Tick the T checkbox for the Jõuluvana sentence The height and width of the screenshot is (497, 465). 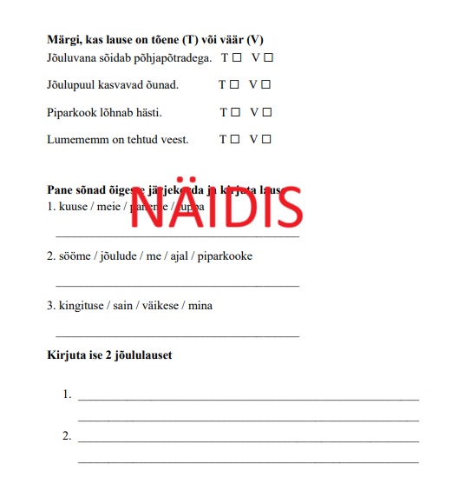pyautogui.click(x=236, y=58)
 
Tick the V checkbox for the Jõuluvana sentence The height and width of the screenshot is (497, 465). pyautogui.click(x=268, y=58)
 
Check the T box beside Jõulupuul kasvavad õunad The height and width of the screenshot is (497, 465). pyautogui.click(x=234, y=85)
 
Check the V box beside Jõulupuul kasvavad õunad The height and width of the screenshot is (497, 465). pyautogui.click(x=265, y=85)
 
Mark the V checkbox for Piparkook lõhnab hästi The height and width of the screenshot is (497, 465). pyautogui.click(x=267, y=112)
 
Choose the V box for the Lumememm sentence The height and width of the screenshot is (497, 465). pyautogui.click(x=267, y=139)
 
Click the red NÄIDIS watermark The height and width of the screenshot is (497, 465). pyautogui.click(x=216, y=207)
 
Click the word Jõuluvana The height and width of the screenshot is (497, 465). pyautogui.click(x=73, y=58)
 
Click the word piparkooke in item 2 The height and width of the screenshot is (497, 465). pyautogui.click(x=226, y=257)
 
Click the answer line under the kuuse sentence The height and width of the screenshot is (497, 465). pyautogui.click(x=177, y=236)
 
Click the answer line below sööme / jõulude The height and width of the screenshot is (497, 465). pyautogui.click(x=177, y=285)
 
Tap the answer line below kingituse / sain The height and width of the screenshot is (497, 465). pyautogui.click(x=177, y=335)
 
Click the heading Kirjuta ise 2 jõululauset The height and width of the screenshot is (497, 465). pyautogui.click(x=109, y=355)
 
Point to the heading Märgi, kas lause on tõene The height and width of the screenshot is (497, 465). pyautogui.click(x=154, y=40)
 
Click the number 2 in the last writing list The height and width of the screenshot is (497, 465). pyautogui.click(x=67, y=436)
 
